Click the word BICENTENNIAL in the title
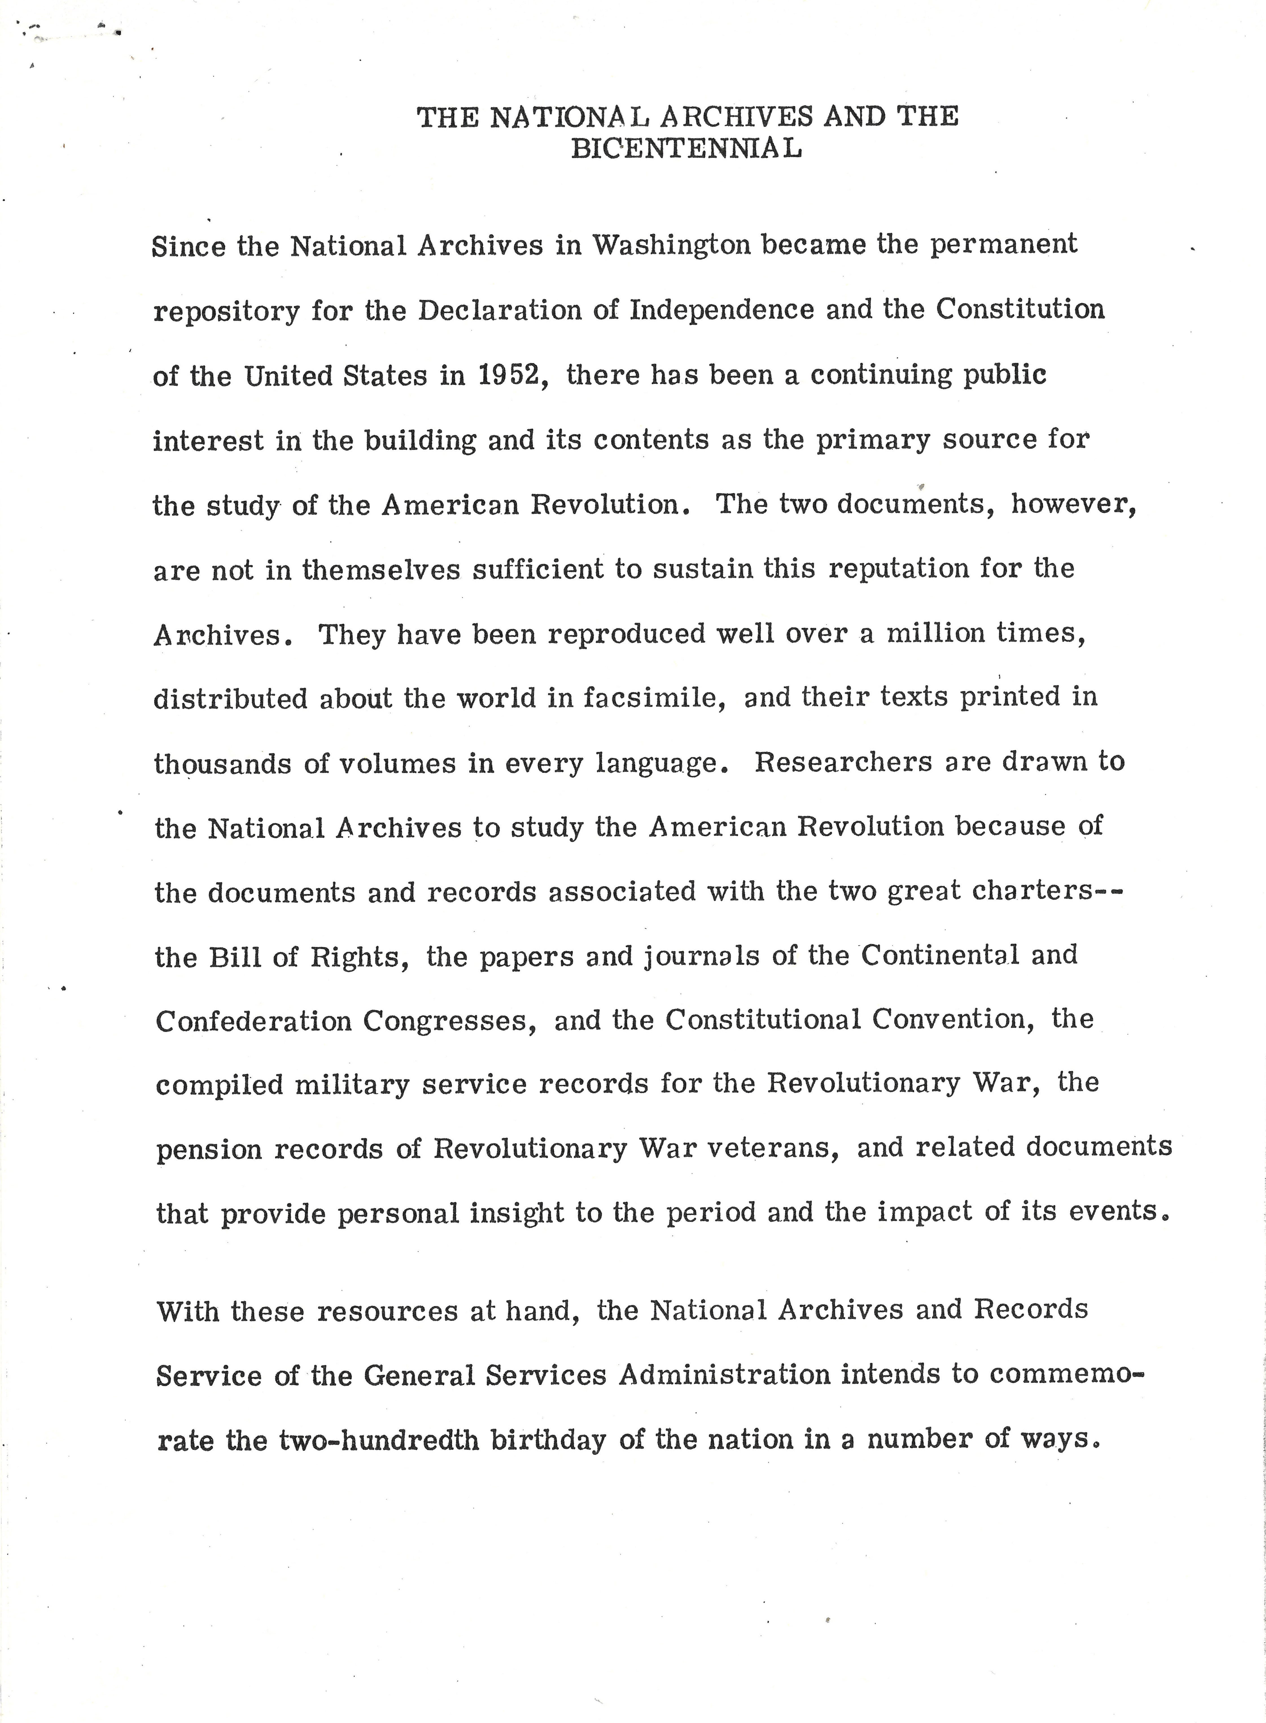(x=687, y=148)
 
